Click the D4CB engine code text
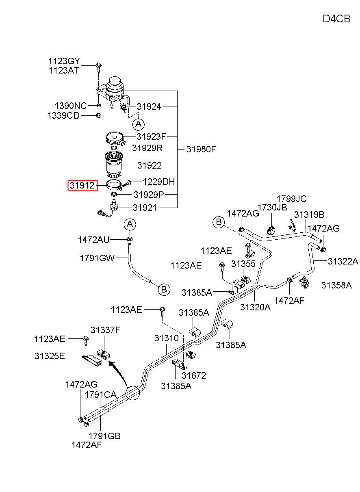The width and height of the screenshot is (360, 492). [336, 19]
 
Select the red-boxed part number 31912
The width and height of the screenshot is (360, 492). [82, 186]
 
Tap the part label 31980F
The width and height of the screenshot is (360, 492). [201, 150]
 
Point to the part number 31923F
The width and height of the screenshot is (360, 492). [151, 137]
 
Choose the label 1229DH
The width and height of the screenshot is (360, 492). [159, 182]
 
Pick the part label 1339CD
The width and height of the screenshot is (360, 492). [63, 115]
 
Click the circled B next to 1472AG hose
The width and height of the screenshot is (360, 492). [219, 222]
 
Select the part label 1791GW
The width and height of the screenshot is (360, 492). [97, 258]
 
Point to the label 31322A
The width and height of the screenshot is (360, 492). [343, 261]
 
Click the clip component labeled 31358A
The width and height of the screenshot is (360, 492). [304, 283]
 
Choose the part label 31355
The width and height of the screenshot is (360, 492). [243, 264]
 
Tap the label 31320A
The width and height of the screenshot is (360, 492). [255, 307]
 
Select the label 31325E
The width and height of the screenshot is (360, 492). [50, 356]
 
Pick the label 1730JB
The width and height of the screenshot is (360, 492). [272, 207]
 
